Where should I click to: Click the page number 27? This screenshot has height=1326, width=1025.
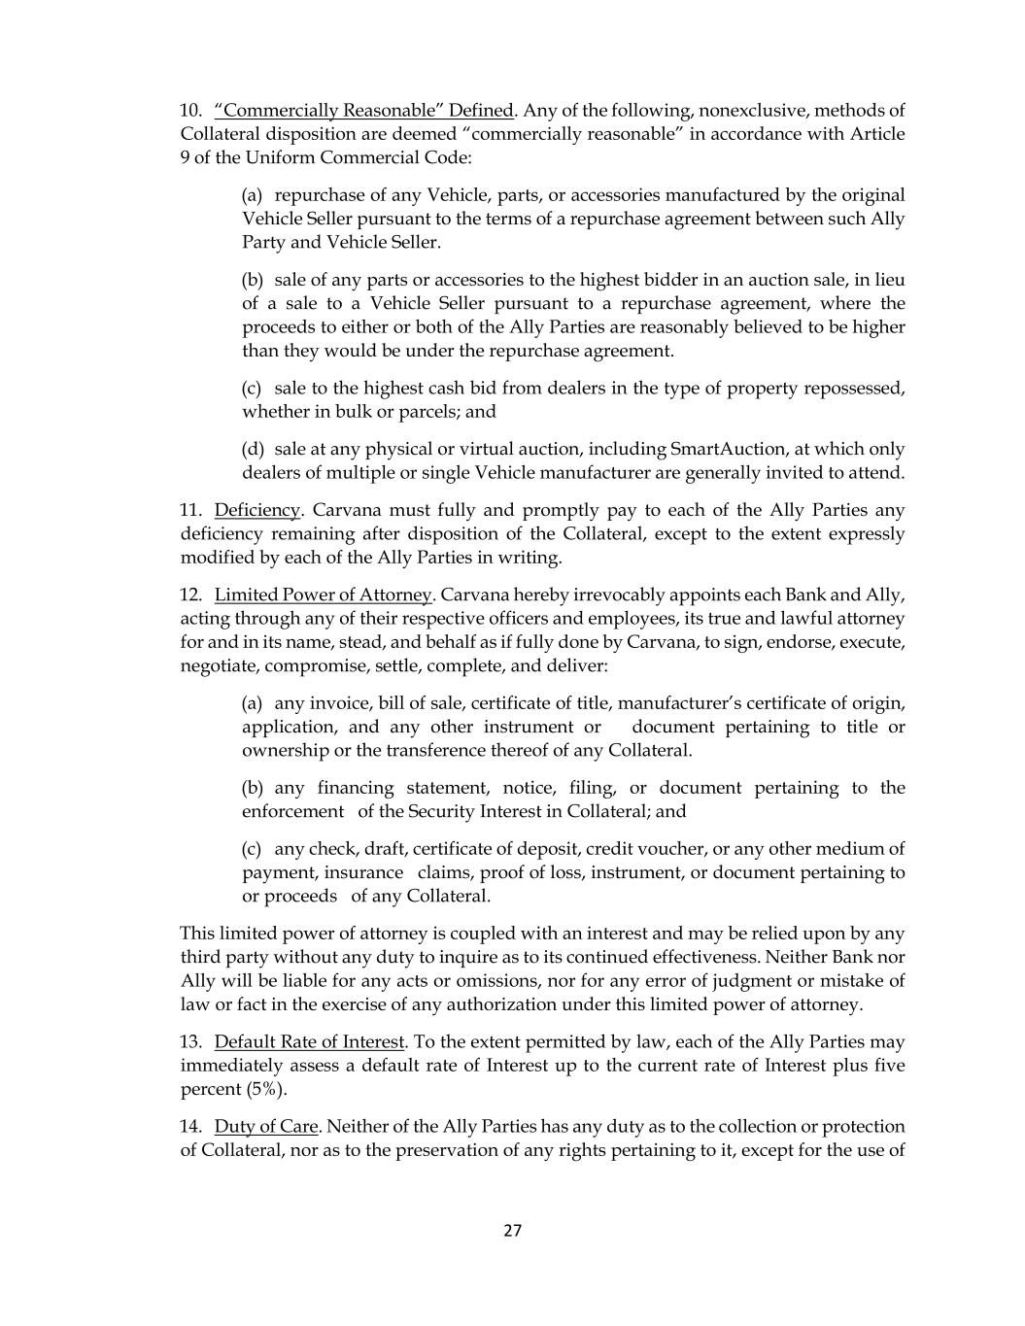[x=512, y=1231]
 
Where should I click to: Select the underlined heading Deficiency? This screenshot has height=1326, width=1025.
[x=257, y=510]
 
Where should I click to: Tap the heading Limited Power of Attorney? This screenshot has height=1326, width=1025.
[x=323, y=595]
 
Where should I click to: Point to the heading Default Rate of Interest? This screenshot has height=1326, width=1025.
[x=309, y=1041]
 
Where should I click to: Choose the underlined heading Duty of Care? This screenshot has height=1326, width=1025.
[x=266, y=1126]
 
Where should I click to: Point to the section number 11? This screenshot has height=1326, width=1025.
[x=190, y=510]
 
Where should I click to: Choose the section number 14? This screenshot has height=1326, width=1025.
[x=190, y=1126]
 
